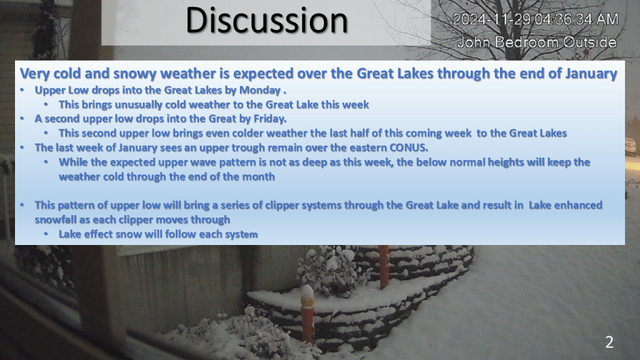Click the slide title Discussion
click(x=266, y=20)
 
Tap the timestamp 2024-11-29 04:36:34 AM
click(x=536, y=19)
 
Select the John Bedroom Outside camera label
click(x=537, y=42)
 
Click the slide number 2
click(x=609, y=342)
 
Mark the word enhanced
click(x=578, y=205)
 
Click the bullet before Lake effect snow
click(x=46, y=234)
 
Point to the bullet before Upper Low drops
click(x=22, y=90)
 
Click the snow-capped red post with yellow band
click(x=307, y=312)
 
